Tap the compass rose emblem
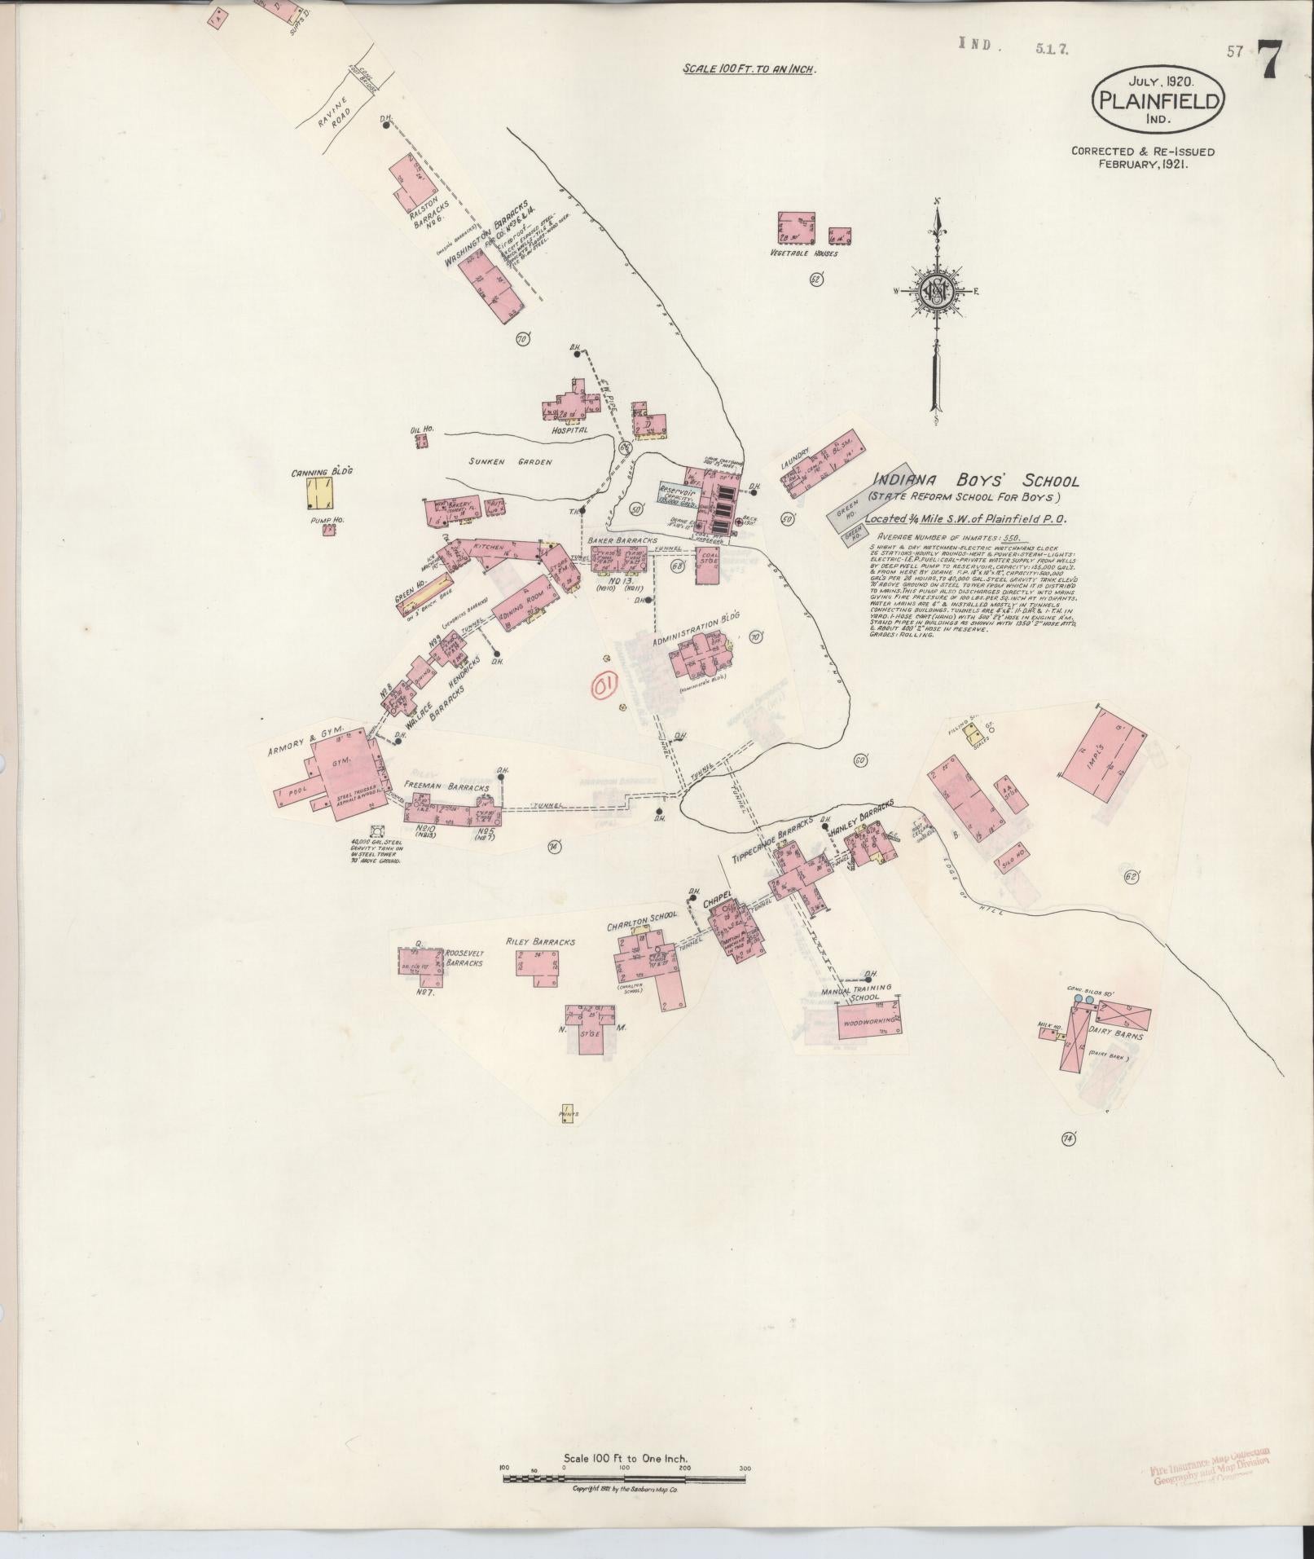click(x=938, y=291)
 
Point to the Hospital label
click(x=569, y=429)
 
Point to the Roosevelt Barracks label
click(x=464, y=958)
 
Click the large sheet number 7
click(x=1272, y=59)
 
